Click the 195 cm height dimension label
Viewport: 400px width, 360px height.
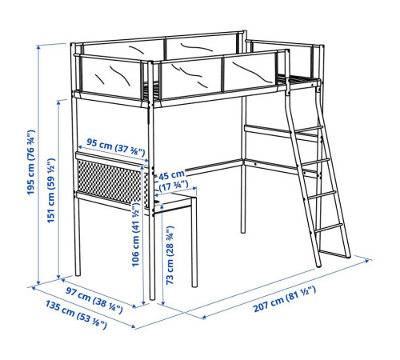click(31, 162)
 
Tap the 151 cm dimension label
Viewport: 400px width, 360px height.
click(50, 190)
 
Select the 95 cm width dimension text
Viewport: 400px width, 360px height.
click(116, 147)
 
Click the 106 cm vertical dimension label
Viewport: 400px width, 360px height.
click(136, 234)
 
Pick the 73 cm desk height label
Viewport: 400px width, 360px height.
click(170, 255)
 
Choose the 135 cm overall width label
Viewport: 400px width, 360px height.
click(76, 314)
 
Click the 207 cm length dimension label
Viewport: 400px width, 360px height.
click(285, 298)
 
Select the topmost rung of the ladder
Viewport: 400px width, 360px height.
click(306, 130)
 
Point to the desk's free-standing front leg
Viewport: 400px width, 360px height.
click(194, 242)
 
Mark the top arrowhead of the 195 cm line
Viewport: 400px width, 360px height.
click(38, 48)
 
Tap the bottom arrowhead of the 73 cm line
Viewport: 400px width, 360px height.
click(163, 303)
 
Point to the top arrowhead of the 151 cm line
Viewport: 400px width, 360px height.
click(58, 103)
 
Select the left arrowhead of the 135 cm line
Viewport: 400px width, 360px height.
click(33, 288)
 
